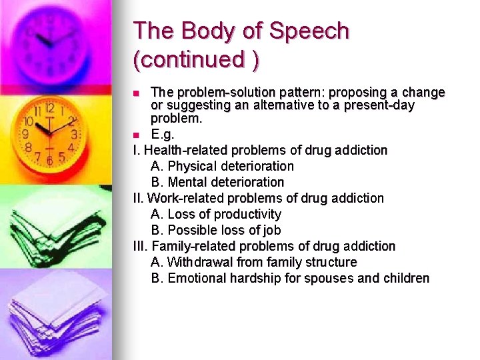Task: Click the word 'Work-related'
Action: click(185, 198)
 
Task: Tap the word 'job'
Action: click(271, 230)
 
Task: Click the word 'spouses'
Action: click(329, 278)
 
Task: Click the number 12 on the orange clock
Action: click(49, 108)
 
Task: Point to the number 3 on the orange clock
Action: click(73, 134)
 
